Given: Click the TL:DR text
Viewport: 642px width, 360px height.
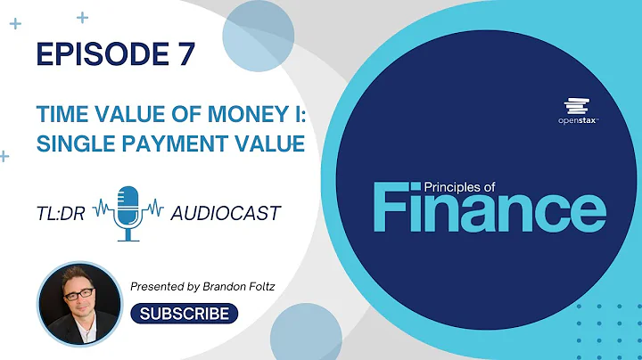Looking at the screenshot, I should pos(60,213).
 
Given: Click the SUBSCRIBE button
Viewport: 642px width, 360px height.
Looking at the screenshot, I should pos(185,314).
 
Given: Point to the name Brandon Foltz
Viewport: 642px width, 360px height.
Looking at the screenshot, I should pos(251,286).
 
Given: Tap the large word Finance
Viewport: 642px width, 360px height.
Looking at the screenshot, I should pos(489,210).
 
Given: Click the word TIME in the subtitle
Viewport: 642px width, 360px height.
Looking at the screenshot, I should pos(59,116).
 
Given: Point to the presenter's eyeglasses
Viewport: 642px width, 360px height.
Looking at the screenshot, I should pos(76,291).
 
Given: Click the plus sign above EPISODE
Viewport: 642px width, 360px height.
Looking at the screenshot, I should pos(83,17).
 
